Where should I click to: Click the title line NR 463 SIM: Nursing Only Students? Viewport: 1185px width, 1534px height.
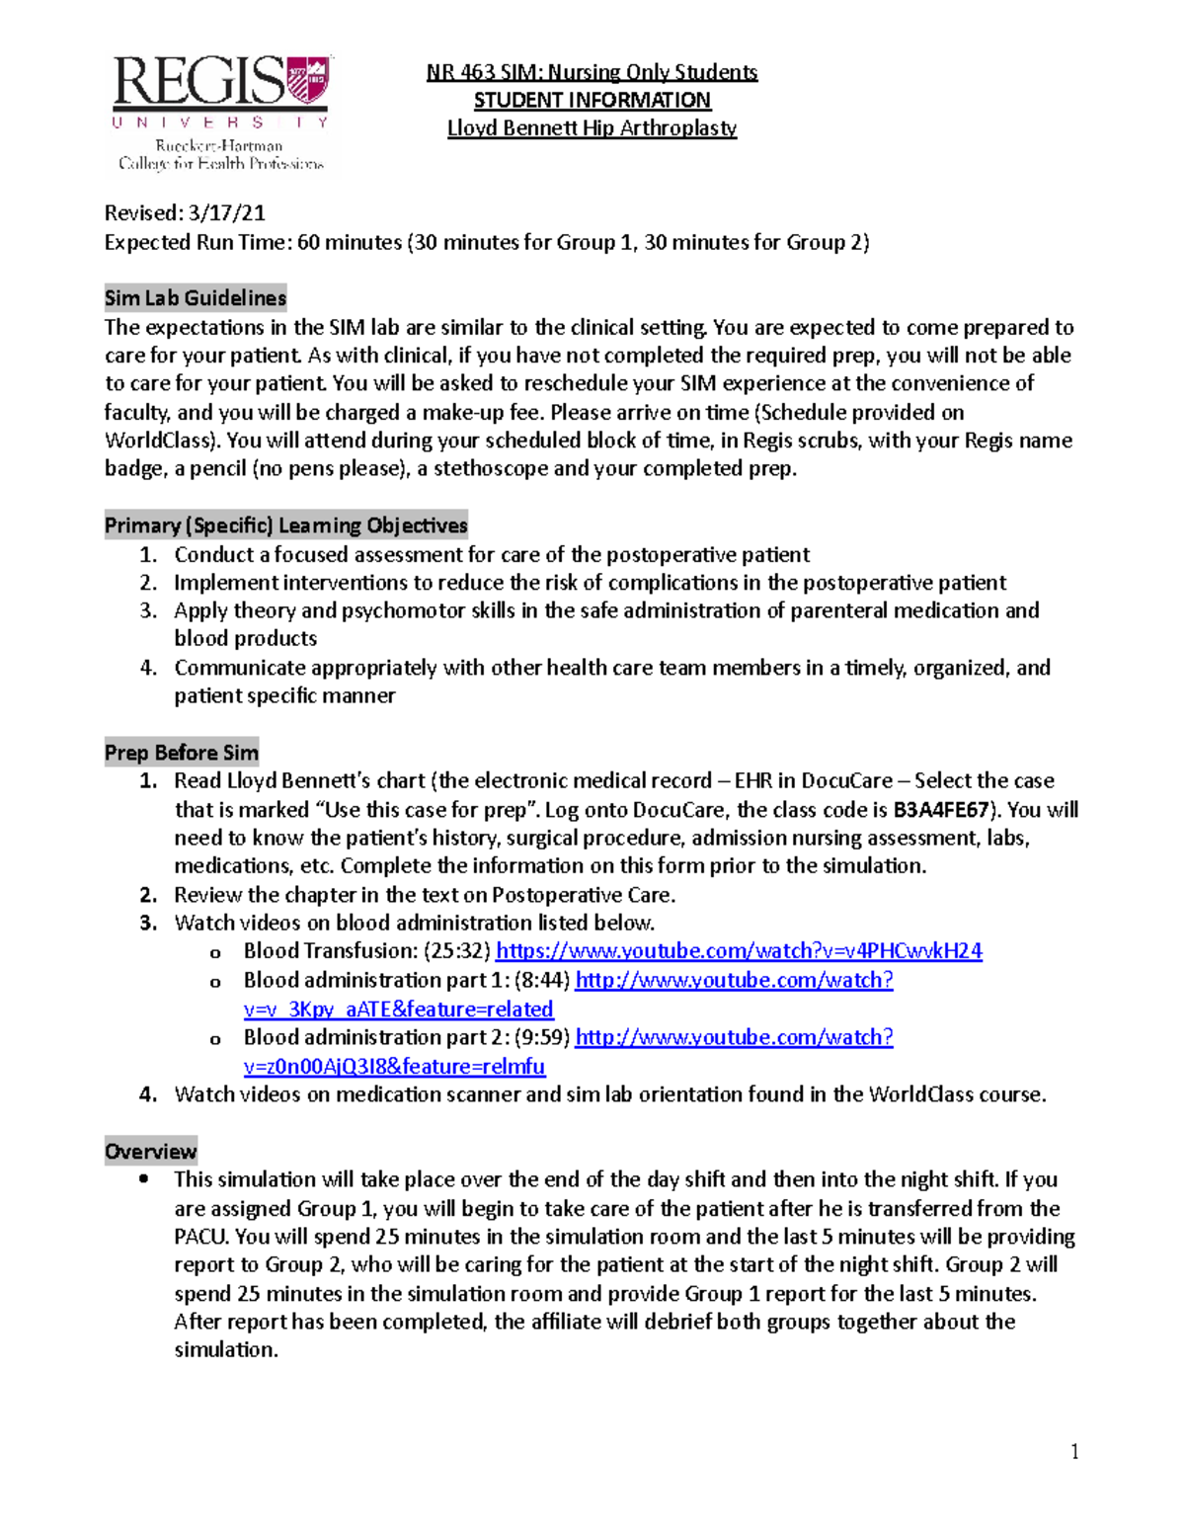592,72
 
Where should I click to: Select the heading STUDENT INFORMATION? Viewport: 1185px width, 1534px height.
592,100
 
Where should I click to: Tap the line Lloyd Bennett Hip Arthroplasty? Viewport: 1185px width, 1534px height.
592,128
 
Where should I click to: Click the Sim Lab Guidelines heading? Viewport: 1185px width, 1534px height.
196,298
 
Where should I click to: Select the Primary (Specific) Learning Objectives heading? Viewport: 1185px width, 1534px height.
285,525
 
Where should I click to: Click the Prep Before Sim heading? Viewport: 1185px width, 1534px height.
182,753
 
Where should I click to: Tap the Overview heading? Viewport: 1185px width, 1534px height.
150,1152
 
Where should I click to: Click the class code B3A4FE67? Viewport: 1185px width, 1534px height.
941,810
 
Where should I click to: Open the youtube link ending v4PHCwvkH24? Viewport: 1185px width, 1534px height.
739,951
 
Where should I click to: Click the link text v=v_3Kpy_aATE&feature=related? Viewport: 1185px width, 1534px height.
398,1009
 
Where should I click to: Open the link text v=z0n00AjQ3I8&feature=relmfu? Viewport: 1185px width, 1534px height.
394,1067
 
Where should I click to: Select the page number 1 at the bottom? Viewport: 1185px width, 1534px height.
1074,1452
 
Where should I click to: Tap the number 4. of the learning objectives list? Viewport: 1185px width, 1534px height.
148,668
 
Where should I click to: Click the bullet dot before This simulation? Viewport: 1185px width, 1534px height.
145,1178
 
